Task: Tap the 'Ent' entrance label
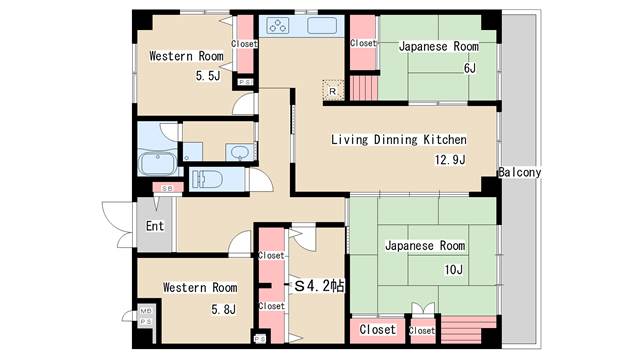click(x=155, y=226)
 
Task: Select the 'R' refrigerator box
click(x=332, y=91)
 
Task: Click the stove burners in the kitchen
click(x=276, y=25)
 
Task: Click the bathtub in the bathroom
click(x=157, y=164)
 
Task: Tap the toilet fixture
click(x=205, y=180)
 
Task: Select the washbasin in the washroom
click(x=239, y=152)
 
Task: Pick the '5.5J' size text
click(x=209, y=75)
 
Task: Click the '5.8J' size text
click(x=221, y=309)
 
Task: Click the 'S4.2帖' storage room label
click(x=319, y=285)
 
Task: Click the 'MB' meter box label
click(x=146, y=311)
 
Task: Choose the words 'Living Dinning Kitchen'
click(x=399, y=140)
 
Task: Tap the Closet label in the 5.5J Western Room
click(x=244, y=44)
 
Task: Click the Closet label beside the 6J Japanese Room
click(x=363, y=43)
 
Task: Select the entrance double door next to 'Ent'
click(x=117, y=227)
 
